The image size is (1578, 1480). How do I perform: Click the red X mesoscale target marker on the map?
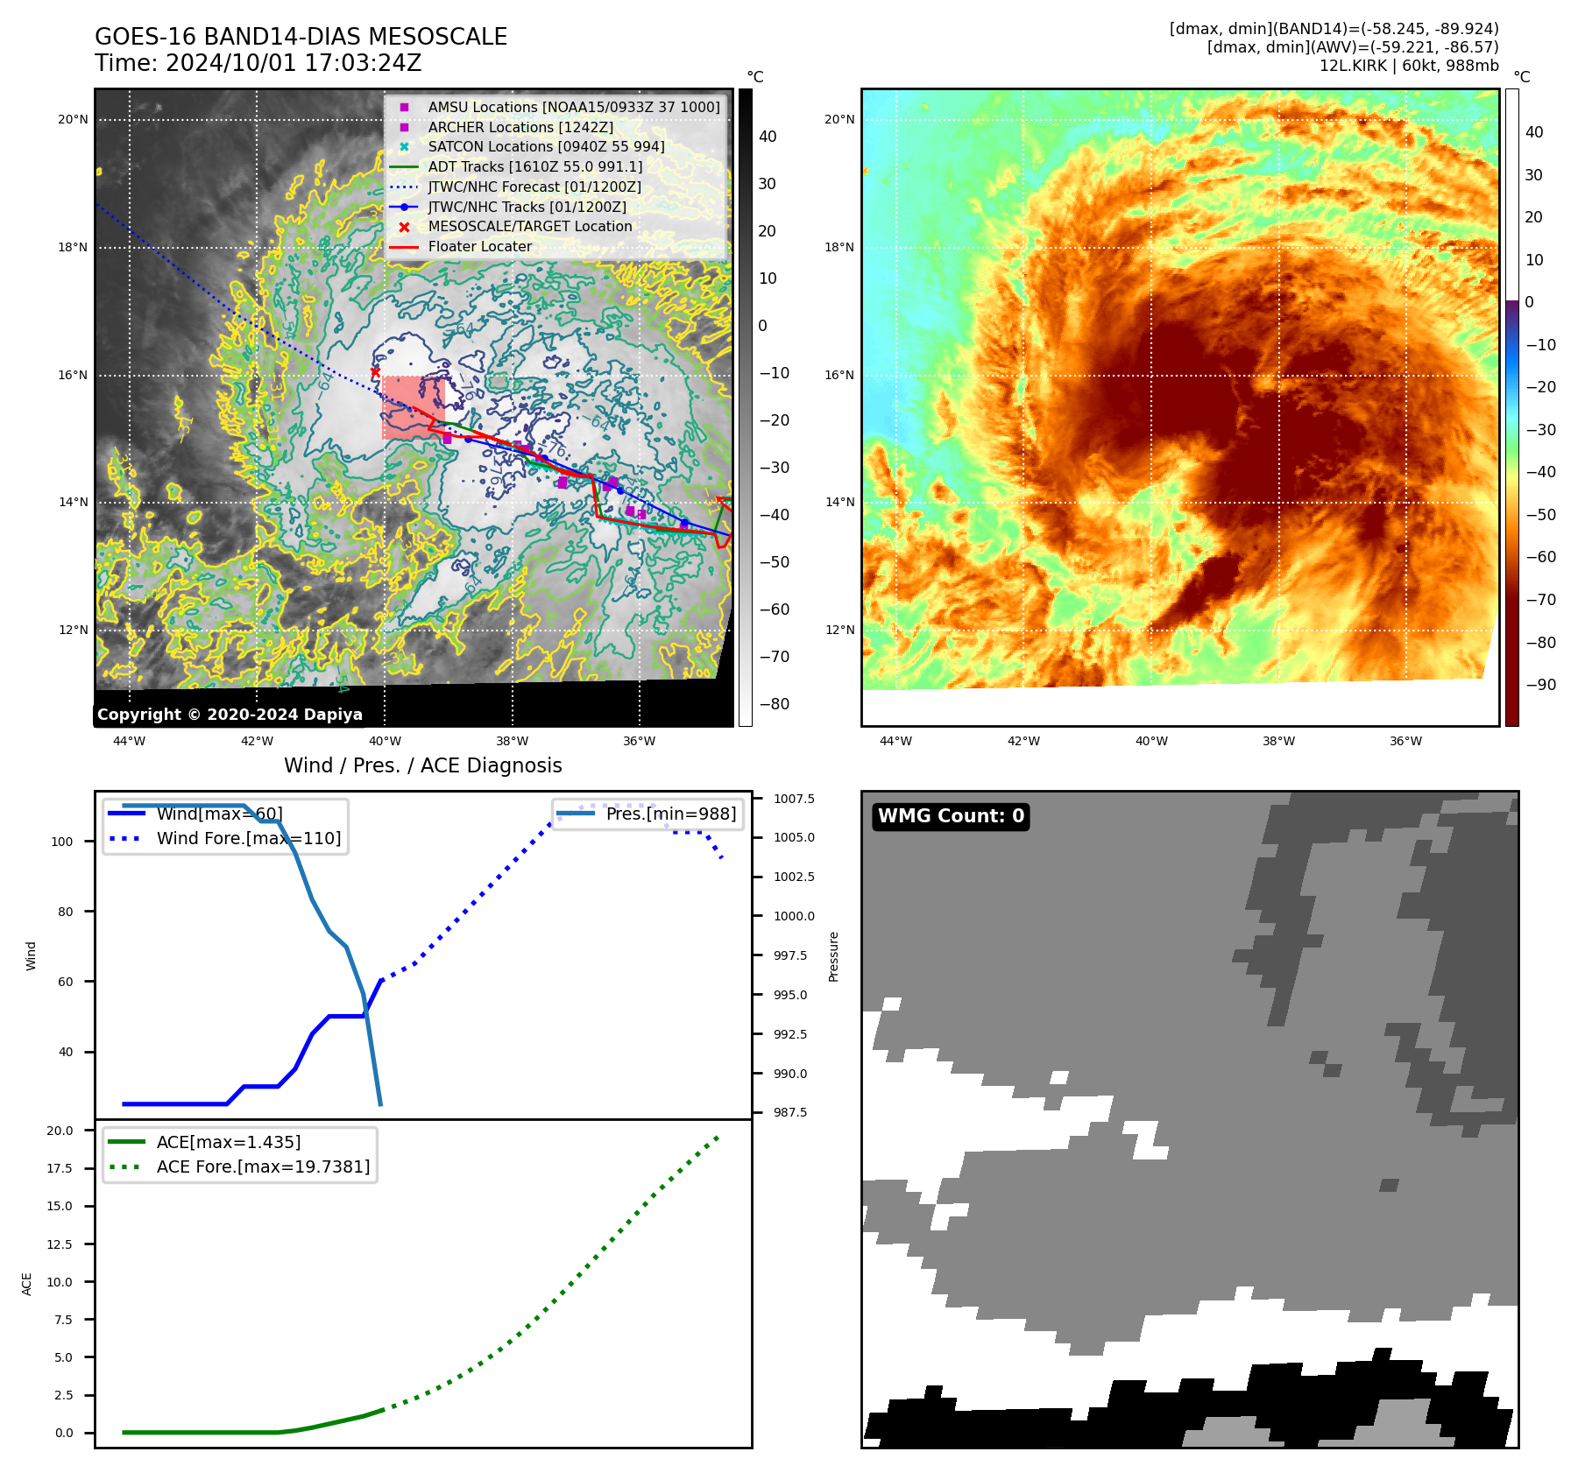(375, 372)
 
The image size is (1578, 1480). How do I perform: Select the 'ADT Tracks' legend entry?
(534, 166)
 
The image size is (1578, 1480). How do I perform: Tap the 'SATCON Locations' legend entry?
(546, 146)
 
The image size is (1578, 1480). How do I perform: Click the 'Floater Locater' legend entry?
(479, 246)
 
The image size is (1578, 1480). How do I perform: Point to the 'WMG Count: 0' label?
(951, 816)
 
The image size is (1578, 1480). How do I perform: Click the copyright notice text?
(230, 715)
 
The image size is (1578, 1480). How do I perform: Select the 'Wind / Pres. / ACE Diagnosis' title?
(422, 765)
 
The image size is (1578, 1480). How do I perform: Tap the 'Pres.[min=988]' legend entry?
(670, 814)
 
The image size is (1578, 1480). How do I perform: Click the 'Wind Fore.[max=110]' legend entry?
(249, 838)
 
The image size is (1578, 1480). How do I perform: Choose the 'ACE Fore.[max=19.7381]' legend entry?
(263, 1166)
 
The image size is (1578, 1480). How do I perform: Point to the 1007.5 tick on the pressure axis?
(794, 799)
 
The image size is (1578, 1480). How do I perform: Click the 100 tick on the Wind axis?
(62, 842)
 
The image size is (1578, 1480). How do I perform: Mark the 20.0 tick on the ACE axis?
(60, 1131)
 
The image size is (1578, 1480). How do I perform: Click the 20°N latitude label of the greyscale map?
(73, 120)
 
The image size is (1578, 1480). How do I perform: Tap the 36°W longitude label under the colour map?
(1405, 741)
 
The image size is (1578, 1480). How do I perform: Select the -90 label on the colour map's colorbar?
(1540, 685)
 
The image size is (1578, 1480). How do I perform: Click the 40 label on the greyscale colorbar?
(768, 137)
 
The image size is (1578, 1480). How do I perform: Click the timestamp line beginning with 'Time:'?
(258, 63)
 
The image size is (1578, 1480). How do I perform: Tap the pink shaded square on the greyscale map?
(413, 407)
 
